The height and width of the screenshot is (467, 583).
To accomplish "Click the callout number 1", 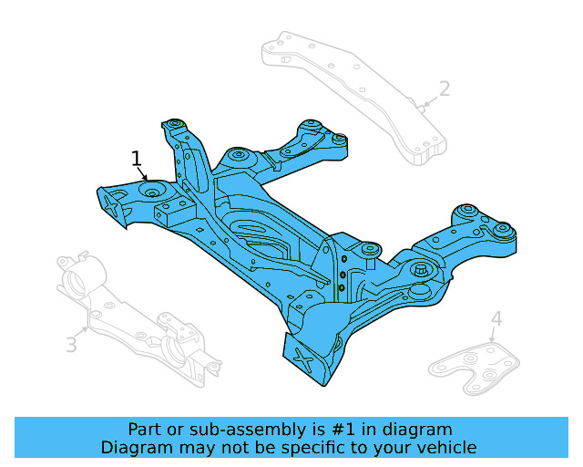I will coord(137,160).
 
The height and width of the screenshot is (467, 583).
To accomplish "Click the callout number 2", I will coord(444,88).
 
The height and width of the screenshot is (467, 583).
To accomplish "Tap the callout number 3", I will coord(71,344).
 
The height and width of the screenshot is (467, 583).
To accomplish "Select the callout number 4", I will coord(496,318).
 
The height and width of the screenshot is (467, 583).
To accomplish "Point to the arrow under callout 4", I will coord(494,335).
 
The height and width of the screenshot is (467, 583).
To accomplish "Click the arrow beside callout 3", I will coord(86,328).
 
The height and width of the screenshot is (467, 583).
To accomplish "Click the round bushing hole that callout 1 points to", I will coord(151,191).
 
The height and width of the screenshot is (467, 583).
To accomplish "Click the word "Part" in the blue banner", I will coord(145,429).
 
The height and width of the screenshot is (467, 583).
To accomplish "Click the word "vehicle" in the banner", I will coord(445,447).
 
